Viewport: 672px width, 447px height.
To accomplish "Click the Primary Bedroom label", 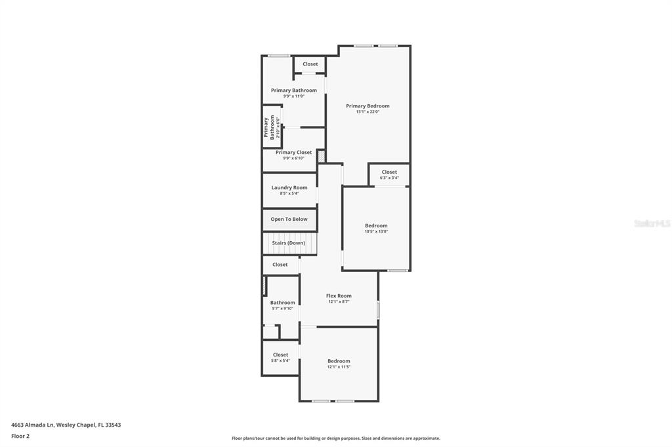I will pyautogui.click(x=367, y=106).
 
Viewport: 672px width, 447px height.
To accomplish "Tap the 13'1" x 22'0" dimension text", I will pyautogui.click(x=367, y=112).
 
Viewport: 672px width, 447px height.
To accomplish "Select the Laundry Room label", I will pyautogui.click(x=289, y=187).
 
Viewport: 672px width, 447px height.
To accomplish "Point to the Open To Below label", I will pyautogui.click(x=289, y=219).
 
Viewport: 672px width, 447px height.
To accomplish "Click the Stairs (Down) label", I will pyautogui.click(x=289, y=243).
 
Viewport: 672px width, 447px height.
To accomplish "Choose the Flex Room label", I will pyautogui.click(x=339, y=296).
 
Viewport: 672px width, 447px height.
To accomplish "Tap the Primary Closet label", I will pyautogui.click(x=293, y=152).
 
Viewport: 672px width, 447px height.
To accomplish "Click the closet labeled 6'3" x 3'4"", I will pyautogui.click(x=389, y=174).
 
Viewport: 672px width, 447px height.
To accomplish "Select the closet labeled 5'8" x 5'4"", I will pyautogui.click(x=280, y=357).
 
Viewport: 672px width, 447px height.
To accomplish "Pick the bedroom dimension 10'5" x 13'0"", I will pyautogui.click(x=376, y=231).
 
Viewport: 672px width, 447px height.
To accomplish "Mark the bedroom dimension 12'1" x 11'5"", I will pyautogui.click(x=339, y=367).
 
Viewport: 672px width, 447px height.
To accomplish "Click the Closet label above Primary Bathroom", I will pyautogui.click(x=310, y=64).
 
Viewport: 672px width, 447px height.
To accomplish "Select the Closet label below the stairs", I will pyautogui.click(x=280, y=265).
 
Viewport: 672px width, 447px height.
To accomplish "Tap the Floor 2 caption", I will pyautogui.click(x=20, y=436).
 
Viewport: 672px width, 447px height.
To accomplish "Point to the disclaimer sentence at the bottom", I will pyautogui.click(x=335, y=438).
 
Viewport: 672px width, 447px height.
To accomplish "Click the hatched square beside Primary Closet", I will pyautogui.click(x=321, y=156).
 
